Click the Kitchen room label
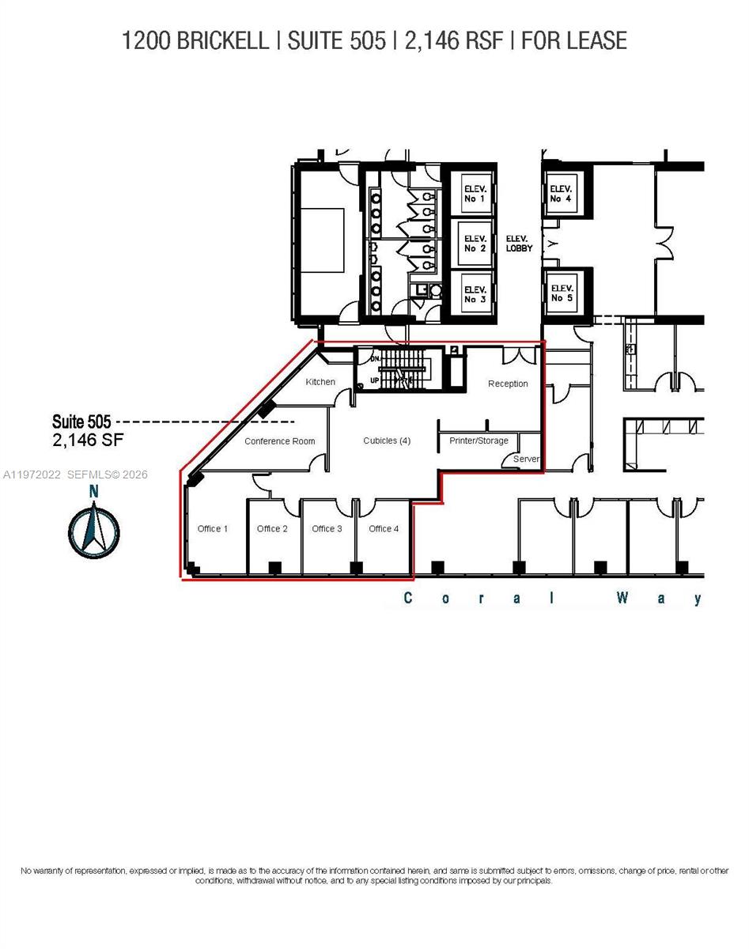click(320, 382)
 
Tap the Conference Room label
click(279, 441)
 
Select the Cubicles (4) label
click(387, 440)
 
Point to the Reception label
click(508, 384)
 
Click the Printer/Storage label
click(479, 440)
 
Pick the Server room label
click(526, 459)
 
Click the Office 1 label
click(213, 528)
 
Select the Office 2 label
click(272, 528)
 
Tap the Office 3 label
click(327, 528)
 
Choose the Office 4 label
click(384, 528)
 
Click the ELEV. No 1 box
click(475, 194)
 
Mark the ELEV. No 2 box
click(475, 243)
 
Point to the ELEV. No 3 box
click(475, 293)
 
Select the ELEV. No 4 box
click(561, 193)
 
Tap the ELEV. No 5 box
click(562, 293)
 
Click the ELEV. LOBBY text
click(519, 243)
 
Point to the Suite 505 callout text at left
click(81, 422)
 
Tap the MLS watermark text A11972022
click(32, 475)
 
